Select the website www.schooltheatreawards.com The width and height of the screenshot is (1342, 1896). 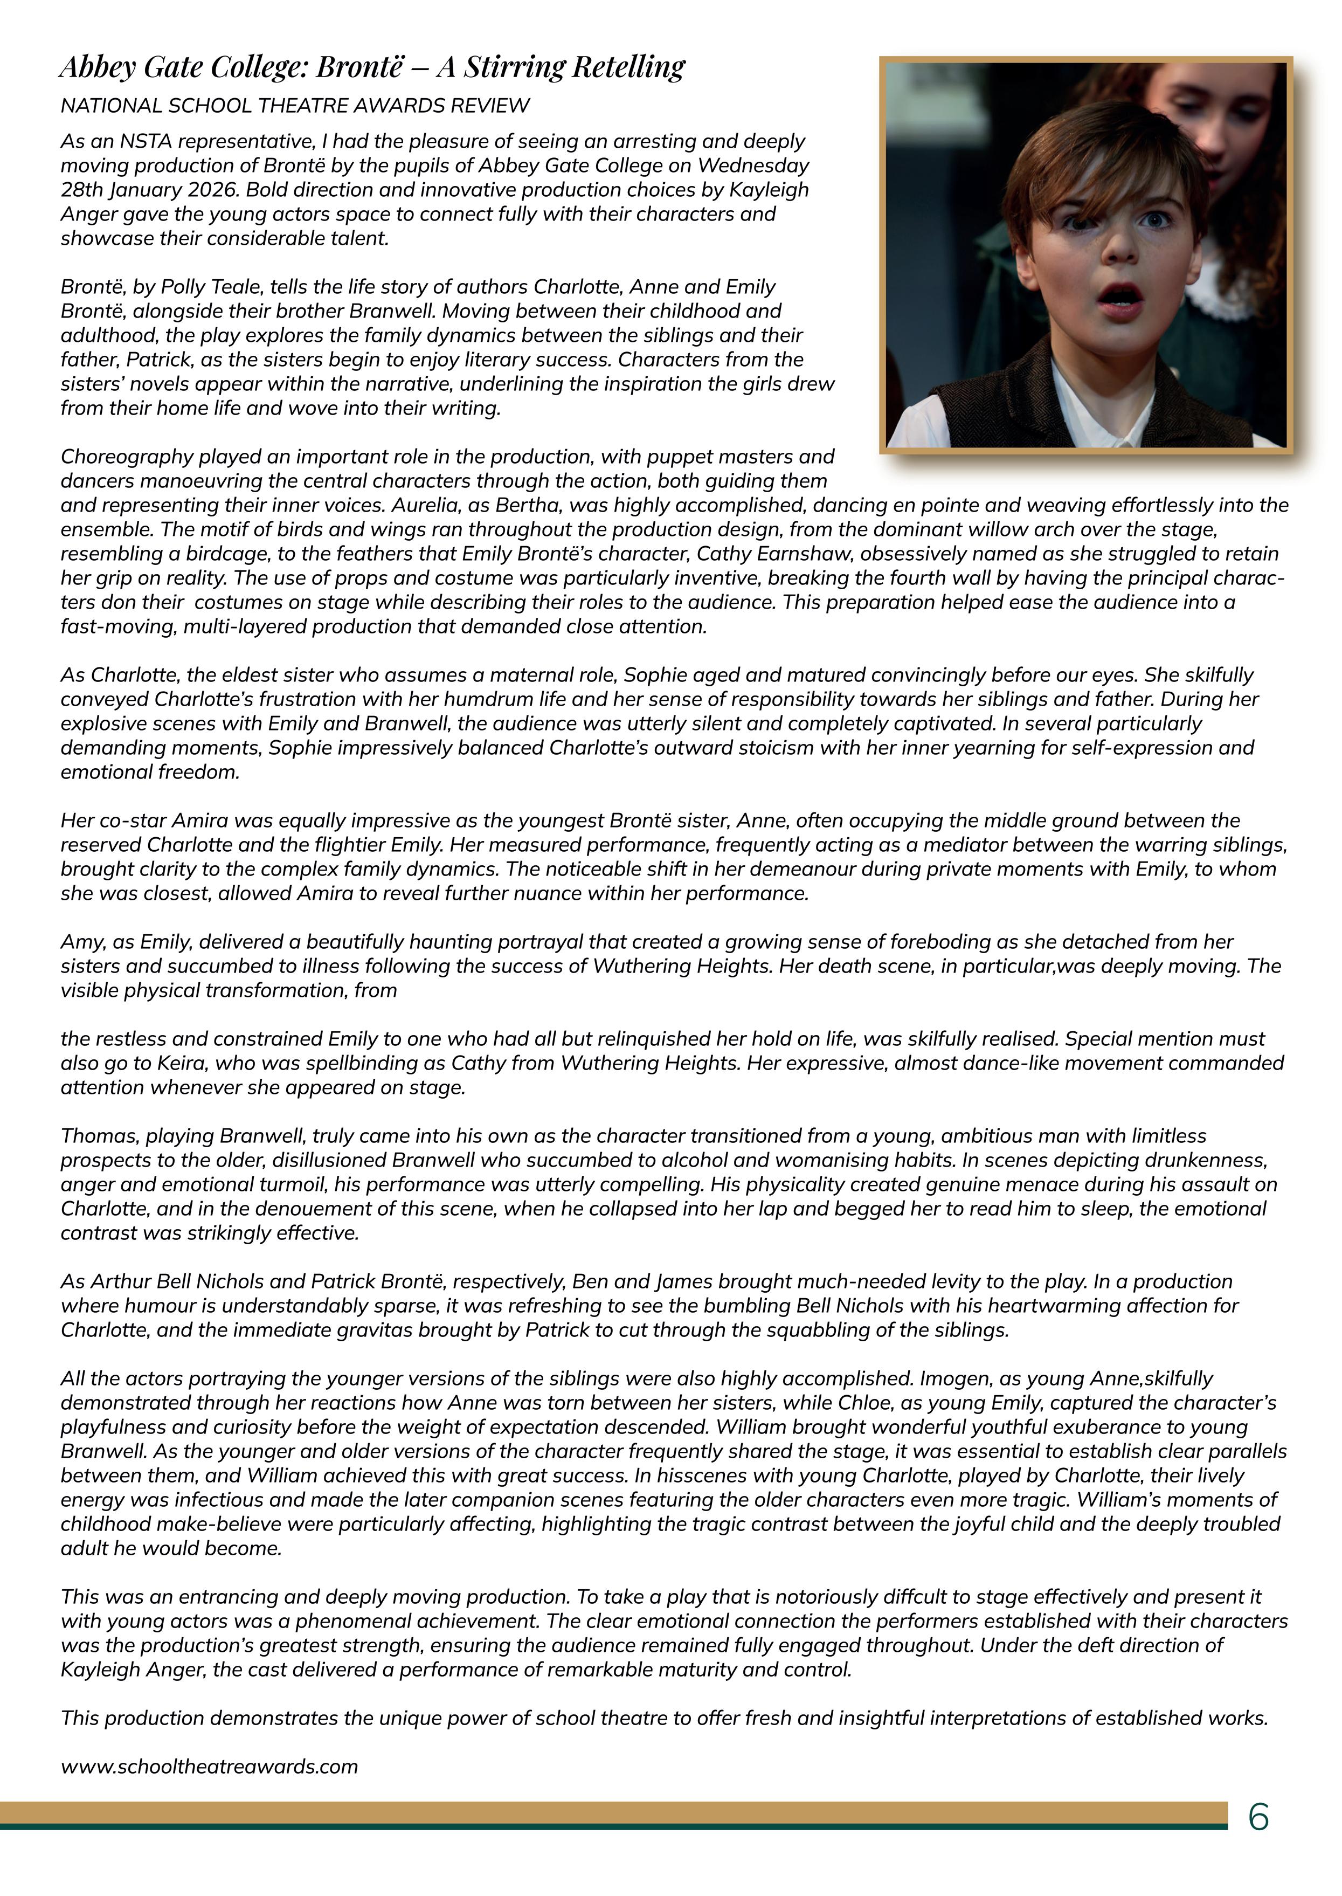coord(209,1767)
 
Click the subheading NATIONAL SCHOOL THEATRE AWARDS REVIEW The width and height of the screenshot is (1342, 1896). coord(295,106)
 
